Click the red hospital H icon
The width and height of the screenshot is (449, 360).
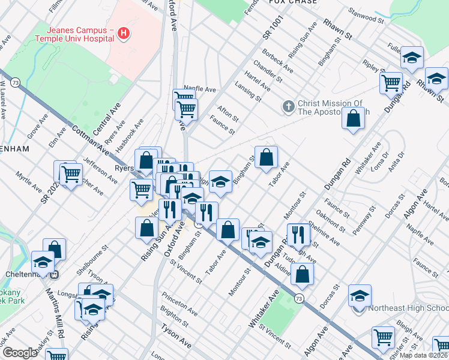click(x=124, y=33)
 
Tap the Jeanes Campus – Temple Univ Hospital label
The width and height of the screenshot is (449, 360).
click(x=74, y=34)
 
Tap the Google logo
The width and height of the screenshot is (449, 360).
click(x=20, y=353)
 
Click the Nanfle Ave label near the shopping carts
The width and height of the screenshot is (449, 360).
click(x=199, y=89)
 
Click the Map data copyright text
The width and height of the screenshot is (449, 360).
click(x=423, y=355)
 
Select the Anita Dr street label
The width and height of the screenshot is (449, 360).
click(x=395, y=160)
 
